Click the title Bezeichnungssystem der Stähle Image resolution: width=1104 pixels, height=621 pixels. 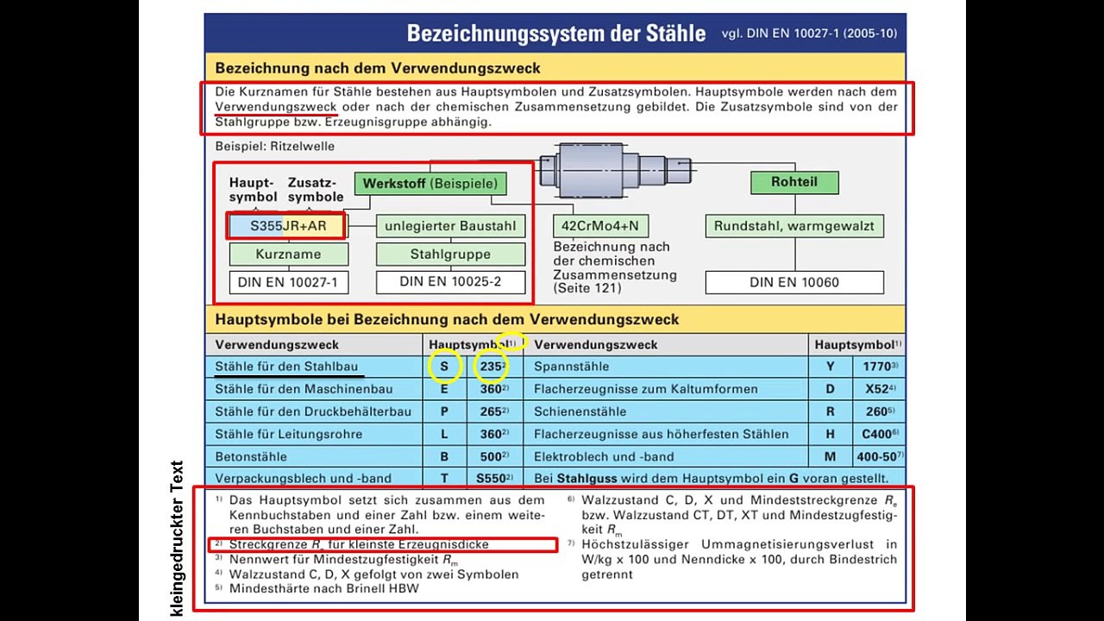point(556,34)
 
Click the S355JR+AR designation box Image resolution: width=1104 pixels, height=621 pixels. point(287,226)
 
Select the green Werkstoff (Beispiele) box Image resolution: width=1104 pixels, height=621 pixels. point(430,184)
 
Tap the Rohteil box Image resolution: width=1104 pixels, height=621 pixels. point(793,182)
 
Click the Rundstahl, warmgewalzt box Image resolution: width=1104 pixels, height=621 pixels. point(793,226)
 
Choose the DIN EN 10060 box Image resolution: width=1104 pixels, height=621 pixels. point(793,282)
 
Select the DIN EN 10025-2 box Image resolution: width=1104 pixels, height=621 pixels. point(450,282)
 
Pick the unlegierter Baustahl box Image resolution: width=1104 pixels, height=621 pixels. point(450,226)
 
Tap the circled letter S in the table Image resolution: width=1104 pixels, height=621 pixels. point(444,367)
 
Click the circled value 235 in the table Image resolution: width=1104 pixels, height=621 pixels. point(491,367)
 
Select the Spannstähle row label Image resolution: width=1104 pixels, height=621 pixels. point(571,367)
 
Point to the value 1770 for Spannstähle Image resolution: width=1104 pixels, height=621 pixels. point(879,367)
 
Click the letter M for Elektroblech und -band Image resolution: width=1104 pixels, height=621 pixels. point(830,456)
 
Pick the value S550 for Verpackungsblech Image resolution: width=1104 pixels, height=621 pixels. point(491,478)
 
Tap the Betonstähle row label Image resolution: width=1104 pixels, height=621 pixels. point(250,456)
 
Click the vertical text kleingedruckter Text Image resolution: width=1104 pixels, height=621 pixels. point(178,538)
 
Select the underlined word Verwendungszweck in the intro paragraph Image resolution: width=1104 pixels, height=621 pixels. point(276,107)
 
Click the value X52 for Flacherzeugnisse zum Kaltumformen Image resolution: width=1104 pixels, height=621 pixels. point(879,389)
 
